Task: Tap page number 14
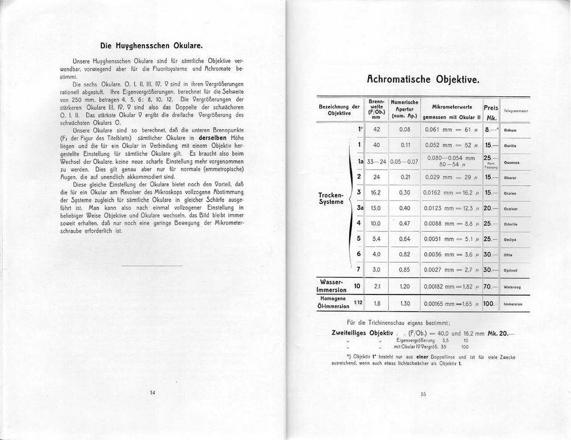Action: click(x=152, y=392)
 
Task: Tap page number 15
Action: click(x=424, y=394)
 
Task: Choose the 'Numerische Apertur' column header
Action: click(x=405, y=109)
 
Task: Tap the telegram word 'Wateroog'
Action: click(x=513, y=286)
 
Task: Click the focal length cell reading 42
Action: click(x=377, y=129)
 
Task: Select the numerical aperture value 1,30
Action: click(x=405, y=304)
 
